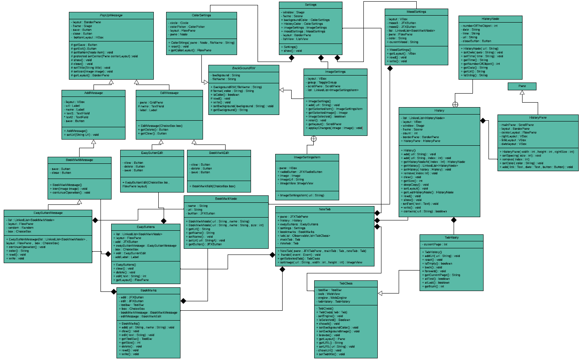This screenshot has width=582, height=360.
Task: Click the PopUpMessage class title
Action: pos(111,16)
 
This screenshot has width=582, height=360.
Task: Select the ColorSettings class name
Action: pos(201,16)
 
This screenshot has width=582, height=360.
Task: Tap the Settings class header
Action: pos(310,5)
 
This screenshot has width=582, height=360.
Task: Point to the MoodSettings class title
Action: pos(416,12)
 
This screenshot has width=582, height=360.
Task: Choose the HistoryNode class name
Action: pos(490,19)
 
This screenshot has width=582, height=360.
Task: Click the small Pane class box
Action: pos(522,86)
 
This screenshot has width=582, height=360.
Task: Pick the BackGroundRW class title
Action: pos(244,68)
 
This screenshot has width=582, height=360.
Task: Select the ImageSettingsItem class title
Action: pos(307,157)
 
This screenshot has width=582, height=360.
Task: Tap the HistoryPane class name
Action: pos(538,118)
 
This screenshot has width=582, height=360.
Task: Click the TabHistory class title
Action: pos(452,238)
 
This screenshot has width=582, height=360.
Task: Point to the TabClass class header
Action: pos(346,284)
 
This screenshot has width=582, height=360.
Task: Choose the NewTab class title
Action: pos(324,209)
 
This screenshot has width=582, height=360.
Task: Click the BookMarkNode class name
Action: pos(226,199)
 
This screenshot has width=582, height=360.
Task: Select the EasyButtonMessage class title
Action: pos(48,213)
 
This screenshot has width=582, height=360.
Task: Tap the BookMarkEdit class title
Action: pos(219,153)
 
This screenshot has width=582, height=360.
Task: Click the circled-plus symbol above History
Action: pos(455,105)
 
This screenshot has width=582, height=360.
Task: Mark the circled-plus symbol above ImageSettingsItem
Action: pos(314,139)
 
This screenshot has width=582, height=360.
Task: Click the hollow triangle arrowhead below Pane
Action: pos(522,93)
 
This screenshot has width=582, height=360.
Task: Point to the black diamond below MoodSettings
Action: pos(390,68)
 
